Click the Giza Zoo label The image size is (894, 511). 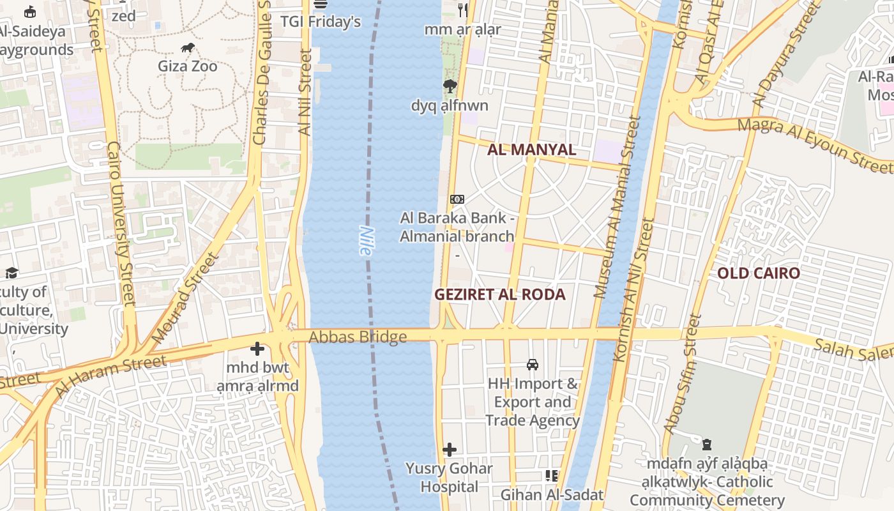pos(188,66)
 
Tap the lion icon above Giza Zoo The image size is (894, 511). pos(188,47)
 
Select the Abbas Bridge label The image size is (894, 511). pos(358,337)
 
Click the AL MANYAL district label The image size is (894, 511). pos(531,150)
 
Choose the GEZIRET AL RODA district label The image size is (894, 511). pos(500,294)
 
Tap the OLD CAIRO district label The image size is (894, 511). pos(758,273)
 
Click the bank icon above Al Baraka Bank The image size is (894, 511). pos(457,199)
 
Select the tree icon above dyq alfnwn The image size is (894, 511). pos(450,86)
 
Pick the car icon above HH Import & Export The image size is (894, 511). pos(533,365)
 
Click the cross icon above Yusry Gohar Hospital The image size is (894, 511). pos(450,450)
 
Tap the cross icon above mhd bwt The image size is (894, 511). pos(257,349)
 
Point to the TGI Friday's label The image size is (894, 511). pos(321,22)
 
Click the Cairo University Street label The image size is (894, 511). pos(121,224)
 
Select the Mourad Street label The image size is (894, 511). pos(186,298)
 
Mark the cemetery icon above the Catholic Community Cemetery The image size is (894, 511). pos(707,445)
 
